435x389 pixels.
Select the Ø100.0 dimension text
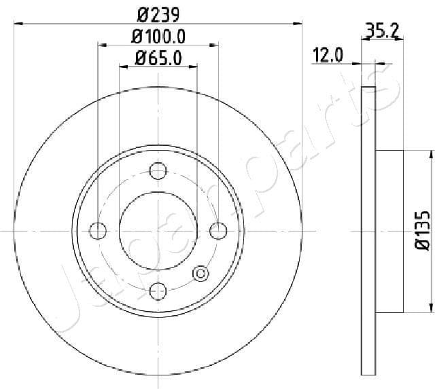(158, 37)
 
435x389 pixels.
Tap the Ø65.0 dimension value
(158, 58)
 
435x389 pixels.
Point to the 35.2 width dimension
(382, 31)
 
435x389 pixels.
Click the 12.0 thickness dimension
(328, 55)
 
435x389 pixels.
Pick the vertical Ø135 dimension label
(423, 231)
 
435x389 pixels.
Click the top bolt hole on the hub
(158, 171)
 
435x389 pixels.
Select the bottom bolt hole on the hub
(158, 291)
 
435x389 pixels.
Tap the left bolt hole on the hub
(98, 231)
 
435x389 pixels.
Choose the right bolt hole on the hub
(218, 231)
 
